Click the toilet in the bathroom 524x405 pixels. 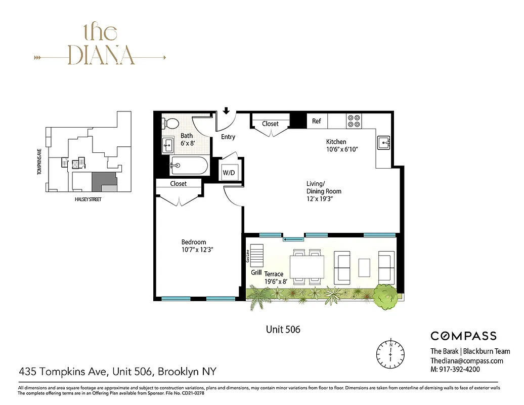coord(171,123)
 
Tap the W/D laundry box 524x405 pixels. coord(229,173)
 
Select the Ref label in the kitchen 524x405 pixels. coord(317,121)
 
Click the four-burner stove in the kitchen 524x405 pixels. coord(354,121)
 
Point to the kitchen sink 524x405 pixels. coord(384,143)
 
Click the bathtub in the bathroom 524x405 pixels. coord(188,165)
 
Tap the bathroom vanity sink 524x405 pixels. coord(167,146)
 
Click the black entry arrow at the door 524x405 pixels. coord(227,111)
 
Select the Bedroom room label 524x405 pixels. coord(194,242)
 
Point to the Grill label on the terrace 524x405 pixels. coord(256,272)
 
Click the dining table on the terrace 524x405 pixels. coord(308,266)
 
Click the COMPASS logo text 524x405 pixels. coord(463,336)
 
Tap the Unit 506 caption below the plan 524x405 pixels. coord(283,330)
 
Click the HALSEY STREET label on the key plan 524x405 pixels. coord(85,199)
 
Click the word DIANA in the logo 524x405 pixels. coord(101,55)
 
